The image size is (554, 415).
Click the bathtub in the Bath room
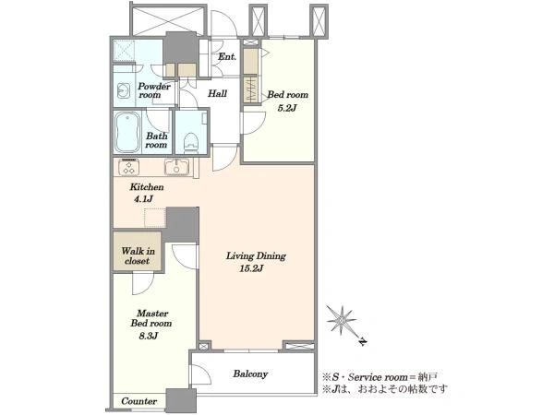point(127,132)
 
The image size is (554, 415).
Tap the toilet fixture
point(191,142)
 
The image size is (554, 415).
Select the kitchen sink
point(176,167)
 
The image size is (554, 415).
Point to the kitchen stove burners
point(128,167)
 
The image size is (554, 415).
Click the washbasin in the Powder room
point(124,90)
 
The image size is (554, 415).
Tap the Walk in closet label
point(138,255)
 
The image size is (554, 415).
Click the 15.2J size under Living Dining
point(251,269)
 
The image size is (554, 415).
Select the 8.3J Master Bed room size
point(148,336)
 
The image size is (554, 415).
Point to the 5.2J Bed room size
point(286,108)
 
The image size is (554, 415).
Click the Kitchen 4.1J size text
point(143,199)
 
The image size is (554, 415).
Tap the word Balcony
point(250,373)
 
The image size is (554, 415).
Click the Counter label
point(138,401)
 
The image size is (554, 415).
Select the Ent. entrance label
point(227,56)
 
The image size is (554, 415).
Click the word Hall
point(217,93)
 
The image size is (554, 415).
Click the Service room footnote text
point(379,377)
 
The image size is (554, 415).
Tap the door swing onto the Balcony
point(201,374)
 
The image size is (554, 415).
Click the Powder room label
point(154,90)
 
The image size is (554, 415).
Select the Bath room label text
point(157,140)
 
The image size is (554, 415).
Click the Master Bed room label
point(151,318)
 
